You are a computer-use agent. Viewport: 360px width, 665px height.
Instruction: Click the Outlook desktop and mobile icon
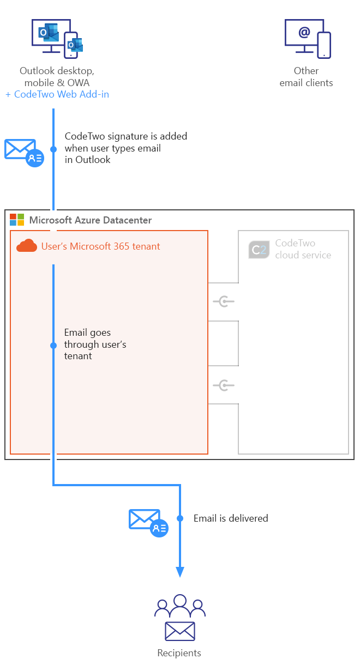[57, 38]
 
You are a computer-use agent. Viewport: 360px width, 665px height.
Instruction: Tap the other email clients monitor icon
[308, 38]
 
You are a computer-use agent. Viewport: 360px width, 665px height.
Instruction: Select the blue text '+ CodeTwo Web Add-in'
[57, 94]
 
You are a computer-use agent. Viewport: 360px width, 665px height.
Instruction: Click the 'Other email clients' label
[306, 77]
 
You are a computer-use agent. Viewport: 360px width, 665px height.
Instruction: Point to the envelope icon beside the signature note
[23, 152]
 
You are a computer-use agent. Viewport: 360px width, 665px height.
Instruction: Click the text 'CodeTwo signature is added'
[125, 136]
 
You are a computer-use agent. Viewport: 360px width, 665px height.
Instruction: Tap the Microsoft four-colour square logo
[17, 220]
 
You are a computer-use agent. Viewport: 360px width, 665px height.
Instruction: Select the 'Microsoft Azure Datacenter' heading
[91, 220]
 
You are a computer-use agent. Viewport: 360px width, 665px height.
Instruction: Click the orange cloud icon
[27, 246]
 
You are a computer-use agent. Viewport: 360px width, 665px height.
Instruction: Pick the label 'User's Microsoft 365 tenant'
[101, 246]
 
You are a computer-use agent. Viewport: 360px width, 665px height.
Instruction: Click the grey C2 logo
[259, 249]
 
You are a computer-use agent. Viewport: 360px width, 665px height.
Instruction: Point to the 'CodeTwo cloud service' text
[303, 249]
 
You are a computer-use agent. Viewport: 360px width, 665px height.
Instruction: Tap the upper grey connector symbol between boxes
[224, 301]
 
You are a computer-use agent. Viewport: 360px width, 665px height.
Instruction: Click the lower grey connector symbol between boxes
[224, 385]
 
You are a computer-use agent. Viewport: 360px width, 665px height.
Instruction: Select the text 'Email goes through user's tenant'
[95, 344]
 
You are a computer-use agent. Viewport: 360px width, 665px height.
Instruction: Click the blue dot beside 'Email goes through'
[53, 346]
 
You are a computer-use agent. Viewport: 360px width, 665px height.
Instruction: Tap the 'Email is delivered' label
[231, 518]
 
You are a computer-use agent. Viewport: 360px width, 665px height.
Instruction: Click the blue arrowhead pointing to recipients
[180, 572]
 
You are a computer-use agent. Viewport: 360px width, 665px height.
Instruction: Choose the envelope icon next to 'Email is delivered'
[148, 522]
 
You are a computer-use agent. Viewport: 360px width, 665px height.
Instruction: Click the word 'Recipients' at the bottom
[179, 653]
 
